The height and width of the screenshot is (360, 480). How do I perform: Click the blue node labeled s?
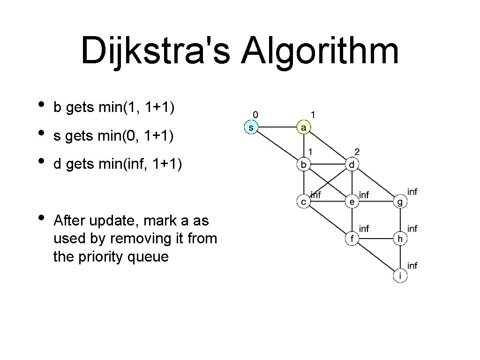pyautogui.click(x=252, y=127)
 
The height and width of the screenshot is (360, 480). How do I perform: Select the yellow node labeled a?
pyautogui.click(x=304, y=127)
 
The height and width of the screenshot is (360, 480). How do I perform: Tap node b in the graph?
pyautogui.click(x=304, y=165)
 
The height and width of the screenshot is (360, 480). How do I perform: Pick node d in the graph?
pyautogui.click(x=352, y=165)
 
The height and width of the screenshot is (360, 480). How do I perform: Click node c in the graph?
pyautogui.click(x=304, y=202)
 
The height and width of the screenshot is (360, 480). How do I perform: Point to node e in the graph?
pyautogui.click(x=352, y=202)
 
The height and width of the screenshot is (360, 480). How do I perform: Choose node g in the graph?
pyautogui.click(x=400, y=202)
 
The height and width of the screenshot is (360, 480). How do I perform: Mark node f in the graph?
pyautogui.click(x=352, y=239)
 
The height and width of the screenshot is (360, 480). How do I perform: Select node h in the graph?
pyautogui.click(x=400, y=239)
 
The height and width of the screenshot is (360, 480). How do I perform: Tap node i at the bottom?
pyautogui.click(x=400, y=276)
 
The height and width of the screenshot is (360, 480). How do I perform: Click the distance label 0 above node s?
pyautogui.click(x=255, y=114)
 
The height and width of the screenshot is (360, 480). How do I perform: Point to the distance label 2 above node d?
pyautogui.click(x=357, y=151)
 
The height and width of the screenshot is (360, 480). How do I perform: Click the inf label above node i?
pyautogui.click(x=412, y=266)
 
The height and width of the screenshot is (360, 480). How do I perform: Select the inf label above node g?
pyautogui.click(x=412, y=191)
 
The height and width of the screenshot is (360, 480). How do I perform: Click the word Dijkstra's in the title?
pyautogui.click(x=155, y=52)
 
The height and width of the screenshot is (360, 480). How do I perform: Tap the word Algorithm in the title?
pyautogui.click(x=320, y=52)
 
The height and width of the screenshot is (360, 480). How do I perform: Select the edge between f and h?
pyautogui.click(x=376, y=239)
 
